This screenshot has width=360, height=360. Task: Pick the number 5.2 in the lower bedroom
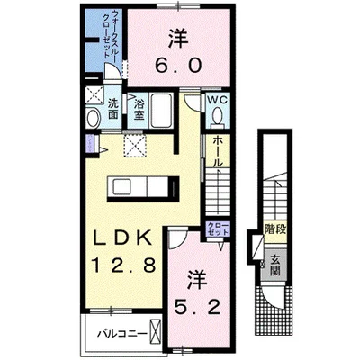tap(202, 292)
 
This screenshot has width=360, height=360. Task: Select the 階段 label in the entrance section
tap(274, 230)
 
